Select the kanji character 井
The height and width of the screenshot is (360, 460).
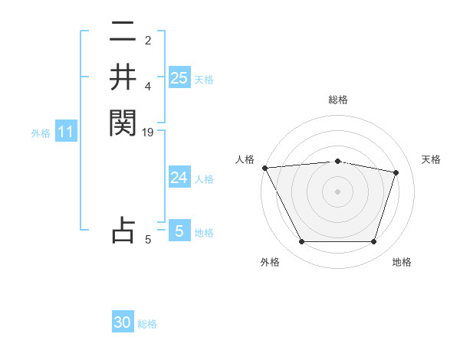pos(123,78)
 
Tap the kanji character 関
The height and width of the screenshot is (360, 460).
pos(123,122)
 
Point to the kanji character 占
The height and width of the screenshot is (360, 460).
pos(123,230)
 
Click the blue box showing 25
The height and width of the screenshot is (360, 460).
pos(179,78)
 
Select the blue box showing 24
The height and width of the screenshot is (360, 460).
pos(179,178)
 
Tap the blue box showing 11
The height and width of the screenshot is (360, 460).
pos(66,133)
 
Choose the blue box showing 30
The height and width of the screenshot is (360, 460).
pos(123,322)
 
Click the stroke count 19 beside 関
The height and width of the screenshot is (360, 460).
pos(148,133)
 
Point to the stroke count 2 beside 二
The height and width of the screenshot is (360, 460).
pos(148,41)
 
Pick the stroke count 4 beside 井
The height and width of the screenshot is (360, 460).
pos(148,86)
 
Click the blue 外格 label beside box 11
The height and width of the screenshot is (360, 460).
pos(41,133)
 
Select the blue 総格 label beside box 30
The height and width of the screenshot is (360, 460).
pos(147,324)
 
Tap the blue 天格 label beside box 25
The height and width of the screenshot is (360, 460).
pos(204,80)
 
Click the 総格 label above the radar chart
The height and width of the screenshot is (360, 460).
pos(337,100)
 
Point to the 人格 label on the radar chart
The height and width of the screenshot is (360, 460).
pos(245,159)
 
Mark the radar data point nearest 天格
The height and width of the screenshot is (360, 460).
pos(396,172)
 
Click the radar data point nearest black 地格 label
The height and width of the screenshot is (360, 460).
pos(373,242)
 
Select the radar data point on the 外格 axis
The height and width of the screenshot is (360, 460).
pos(301,242)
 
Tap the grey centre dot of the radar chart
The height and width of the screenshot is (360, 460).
pos(337,191)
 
